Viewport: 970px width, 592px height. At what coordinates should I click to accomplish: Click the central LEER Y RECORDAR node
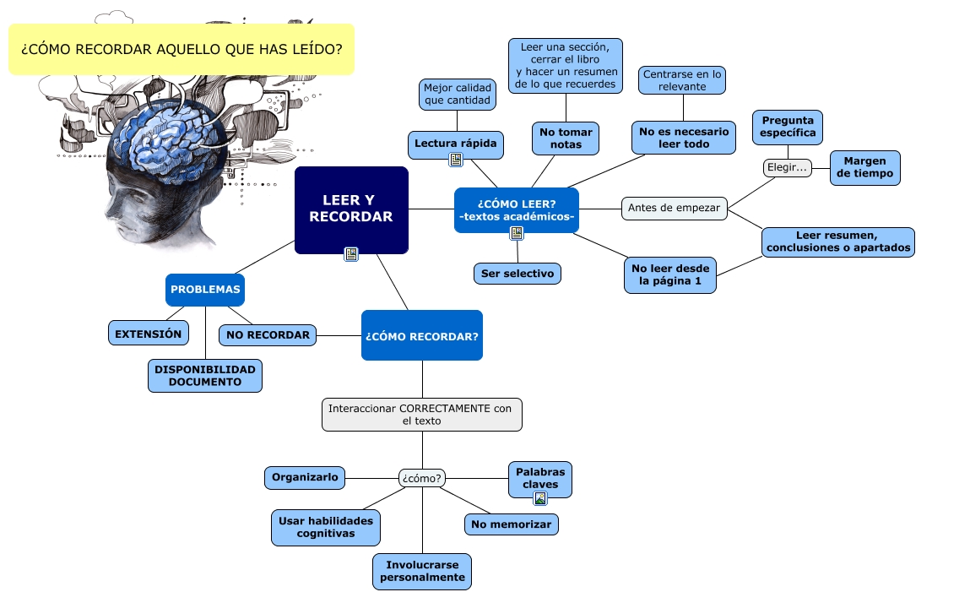pos(351,209)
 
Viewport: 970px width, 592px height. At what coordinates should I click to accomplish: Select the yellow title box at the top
pos(182,50)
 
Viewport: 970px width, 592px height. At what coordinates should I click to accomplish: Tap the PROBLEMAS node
pos(205,290)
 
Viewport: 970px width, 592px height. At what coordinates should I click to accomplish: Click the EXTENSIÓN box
pos(149,334)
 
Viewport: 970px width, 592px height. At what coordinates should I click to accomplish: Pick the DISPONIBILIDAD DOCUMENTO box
pos(205,376)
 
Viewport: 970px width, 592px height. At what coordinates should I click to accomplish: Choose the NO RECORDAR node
pos(268,334)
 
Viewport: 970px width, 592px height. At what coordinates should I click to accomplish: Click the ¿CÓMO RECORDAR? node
pos(422,335)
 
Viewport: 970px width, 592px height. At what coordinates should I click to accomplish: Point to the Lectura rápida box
pos(456,144)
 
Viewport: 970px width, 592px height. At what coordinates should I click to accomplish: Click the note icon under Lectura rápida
pos(456,160)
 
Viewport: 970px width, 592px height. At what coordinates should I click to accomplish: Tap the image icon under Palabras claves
pos(540,498)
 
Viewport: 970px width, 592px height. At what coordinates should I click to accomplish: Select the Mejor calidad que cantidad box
pos(458,94)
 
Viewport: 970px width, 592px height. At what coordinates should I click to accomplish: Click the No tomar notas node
pos(566,138)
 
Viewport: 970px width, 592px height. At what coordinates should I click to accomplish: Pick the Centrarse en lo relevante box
pos(682,80)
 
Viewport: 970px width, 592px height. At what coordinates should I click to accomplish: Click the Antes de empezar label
pos(675,209)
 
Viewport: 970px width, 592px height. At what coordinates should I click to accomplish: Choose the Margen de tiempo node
pos(864,168)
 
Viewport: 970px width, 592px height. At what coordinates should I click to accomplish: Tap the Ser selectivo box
pos(518,274)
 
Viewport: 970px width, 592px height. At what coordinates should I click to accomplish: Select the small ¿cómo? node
pos(422,478)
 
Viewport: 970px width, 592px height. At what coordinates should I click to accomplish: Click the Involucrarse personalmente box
pos(422,571)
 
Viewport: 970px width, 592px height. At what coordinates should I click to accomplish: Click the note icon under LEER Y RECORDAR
pos(351,254)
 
